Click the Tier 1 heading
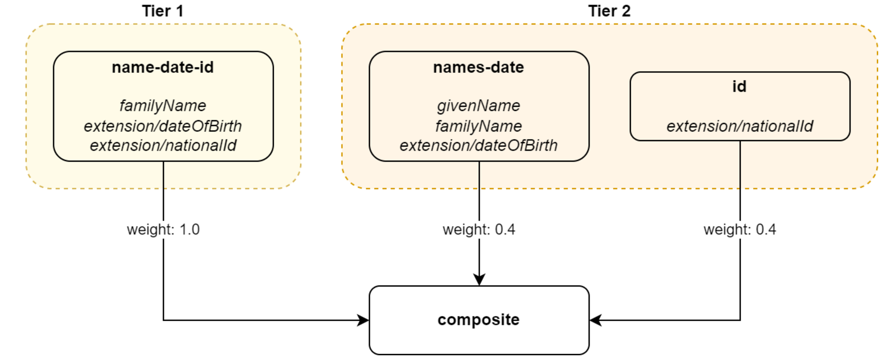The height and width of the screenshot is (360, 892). coord(163,11)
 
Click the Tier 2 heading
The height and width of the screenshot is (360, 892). coord(609,11)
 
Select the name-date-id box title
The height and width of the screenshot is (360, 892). coord(163,67)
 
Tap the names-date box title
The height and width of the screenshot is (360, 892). coord(479,67)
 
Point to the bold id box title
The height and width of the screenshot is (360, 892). coord(739,87)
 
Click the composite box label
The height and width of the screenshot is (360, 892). coord(479,320)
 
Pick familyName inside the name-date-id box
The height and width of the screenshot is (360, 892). coord(163,106)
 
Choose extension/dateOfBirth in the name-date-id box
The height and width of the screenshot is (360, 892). coord(163,126)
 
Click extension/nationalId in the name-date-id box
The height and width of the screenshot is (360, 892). coord(163,146)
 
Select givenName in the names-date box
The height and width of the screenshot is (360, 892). coord(479,106)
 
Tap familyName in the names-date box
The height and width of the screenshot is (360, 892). coord(479,126)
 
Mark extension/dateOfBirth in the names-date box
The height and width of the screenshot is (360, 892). coord(479,146)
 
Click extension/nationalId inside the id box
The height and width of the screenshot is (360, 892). coord(740,126)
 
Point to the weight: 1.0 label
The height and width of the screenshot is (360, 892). coord(163,229)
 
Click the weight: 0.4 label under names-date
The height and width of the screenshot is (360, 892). coord(479,229)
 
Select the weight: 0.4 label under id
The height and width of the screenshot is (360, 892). coord(740,229)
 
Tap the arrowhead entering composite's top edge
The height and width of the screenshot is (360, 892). coord(479,279)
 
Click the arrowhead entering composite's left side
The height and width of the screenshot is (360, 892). coord(363,320)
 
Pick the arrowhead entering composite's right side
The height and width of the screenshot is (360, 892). coord(595,320)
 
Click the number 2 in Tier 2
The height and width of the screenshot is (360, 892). coord(626,11)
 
